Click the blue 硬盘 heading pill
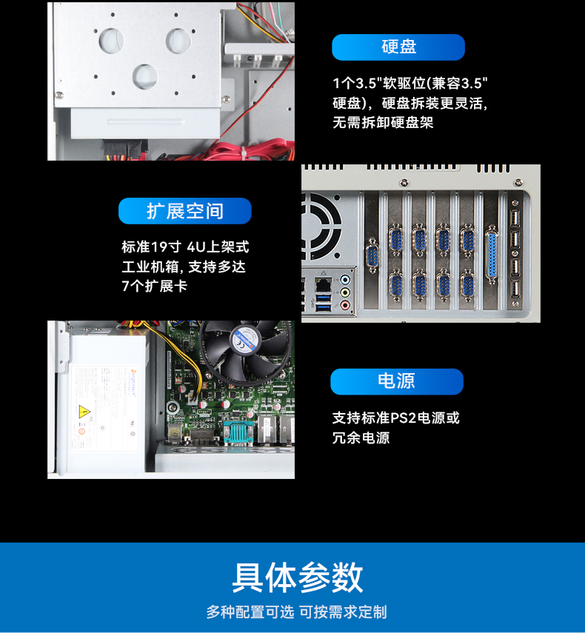coord(398,47)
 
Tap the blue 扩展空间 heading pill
coord(185,211)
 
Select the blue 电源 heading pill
coord(396,381)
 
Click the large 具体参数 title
coord(298,577)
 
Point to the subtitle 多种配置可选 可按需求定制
coord(296,612)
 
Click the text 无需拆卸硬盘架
coord(383,123)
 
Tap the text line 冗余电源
coord(361,438)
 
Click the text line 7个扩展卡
coord(154,286)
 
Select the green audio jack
coord(344,293)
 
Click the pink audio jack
coord(344,304)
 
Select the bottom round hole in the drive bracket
coord(144,75)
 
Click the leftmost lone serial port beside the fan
coord(372,259)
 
